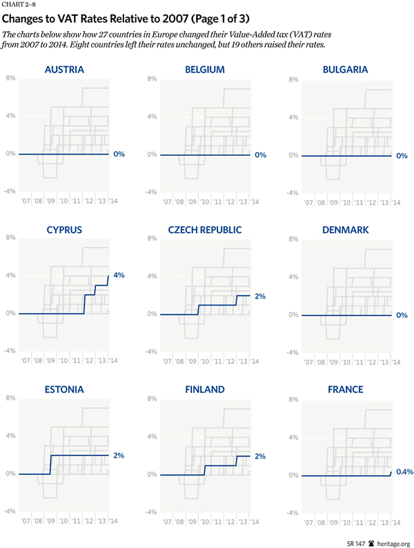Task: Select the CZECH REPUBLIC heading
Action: pyautogui.click(x=204, y=230)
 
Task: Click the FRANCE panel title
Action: pyautogui.click(x=345, y=389)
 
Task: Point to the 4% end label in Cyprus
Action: pyautogui.click(x=119, y=275)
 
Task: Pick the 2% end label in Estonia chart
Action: pyautogui.click(x=119, y=455)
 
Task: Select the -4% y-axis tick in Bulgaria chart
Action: pyautogui.click(x=292, y=193)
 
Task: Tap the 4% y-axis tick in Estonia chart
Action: pyautogui.click(x=11, y=436)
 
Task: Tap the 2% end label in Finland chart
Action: pyautogui.click(x=259, y=456)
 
